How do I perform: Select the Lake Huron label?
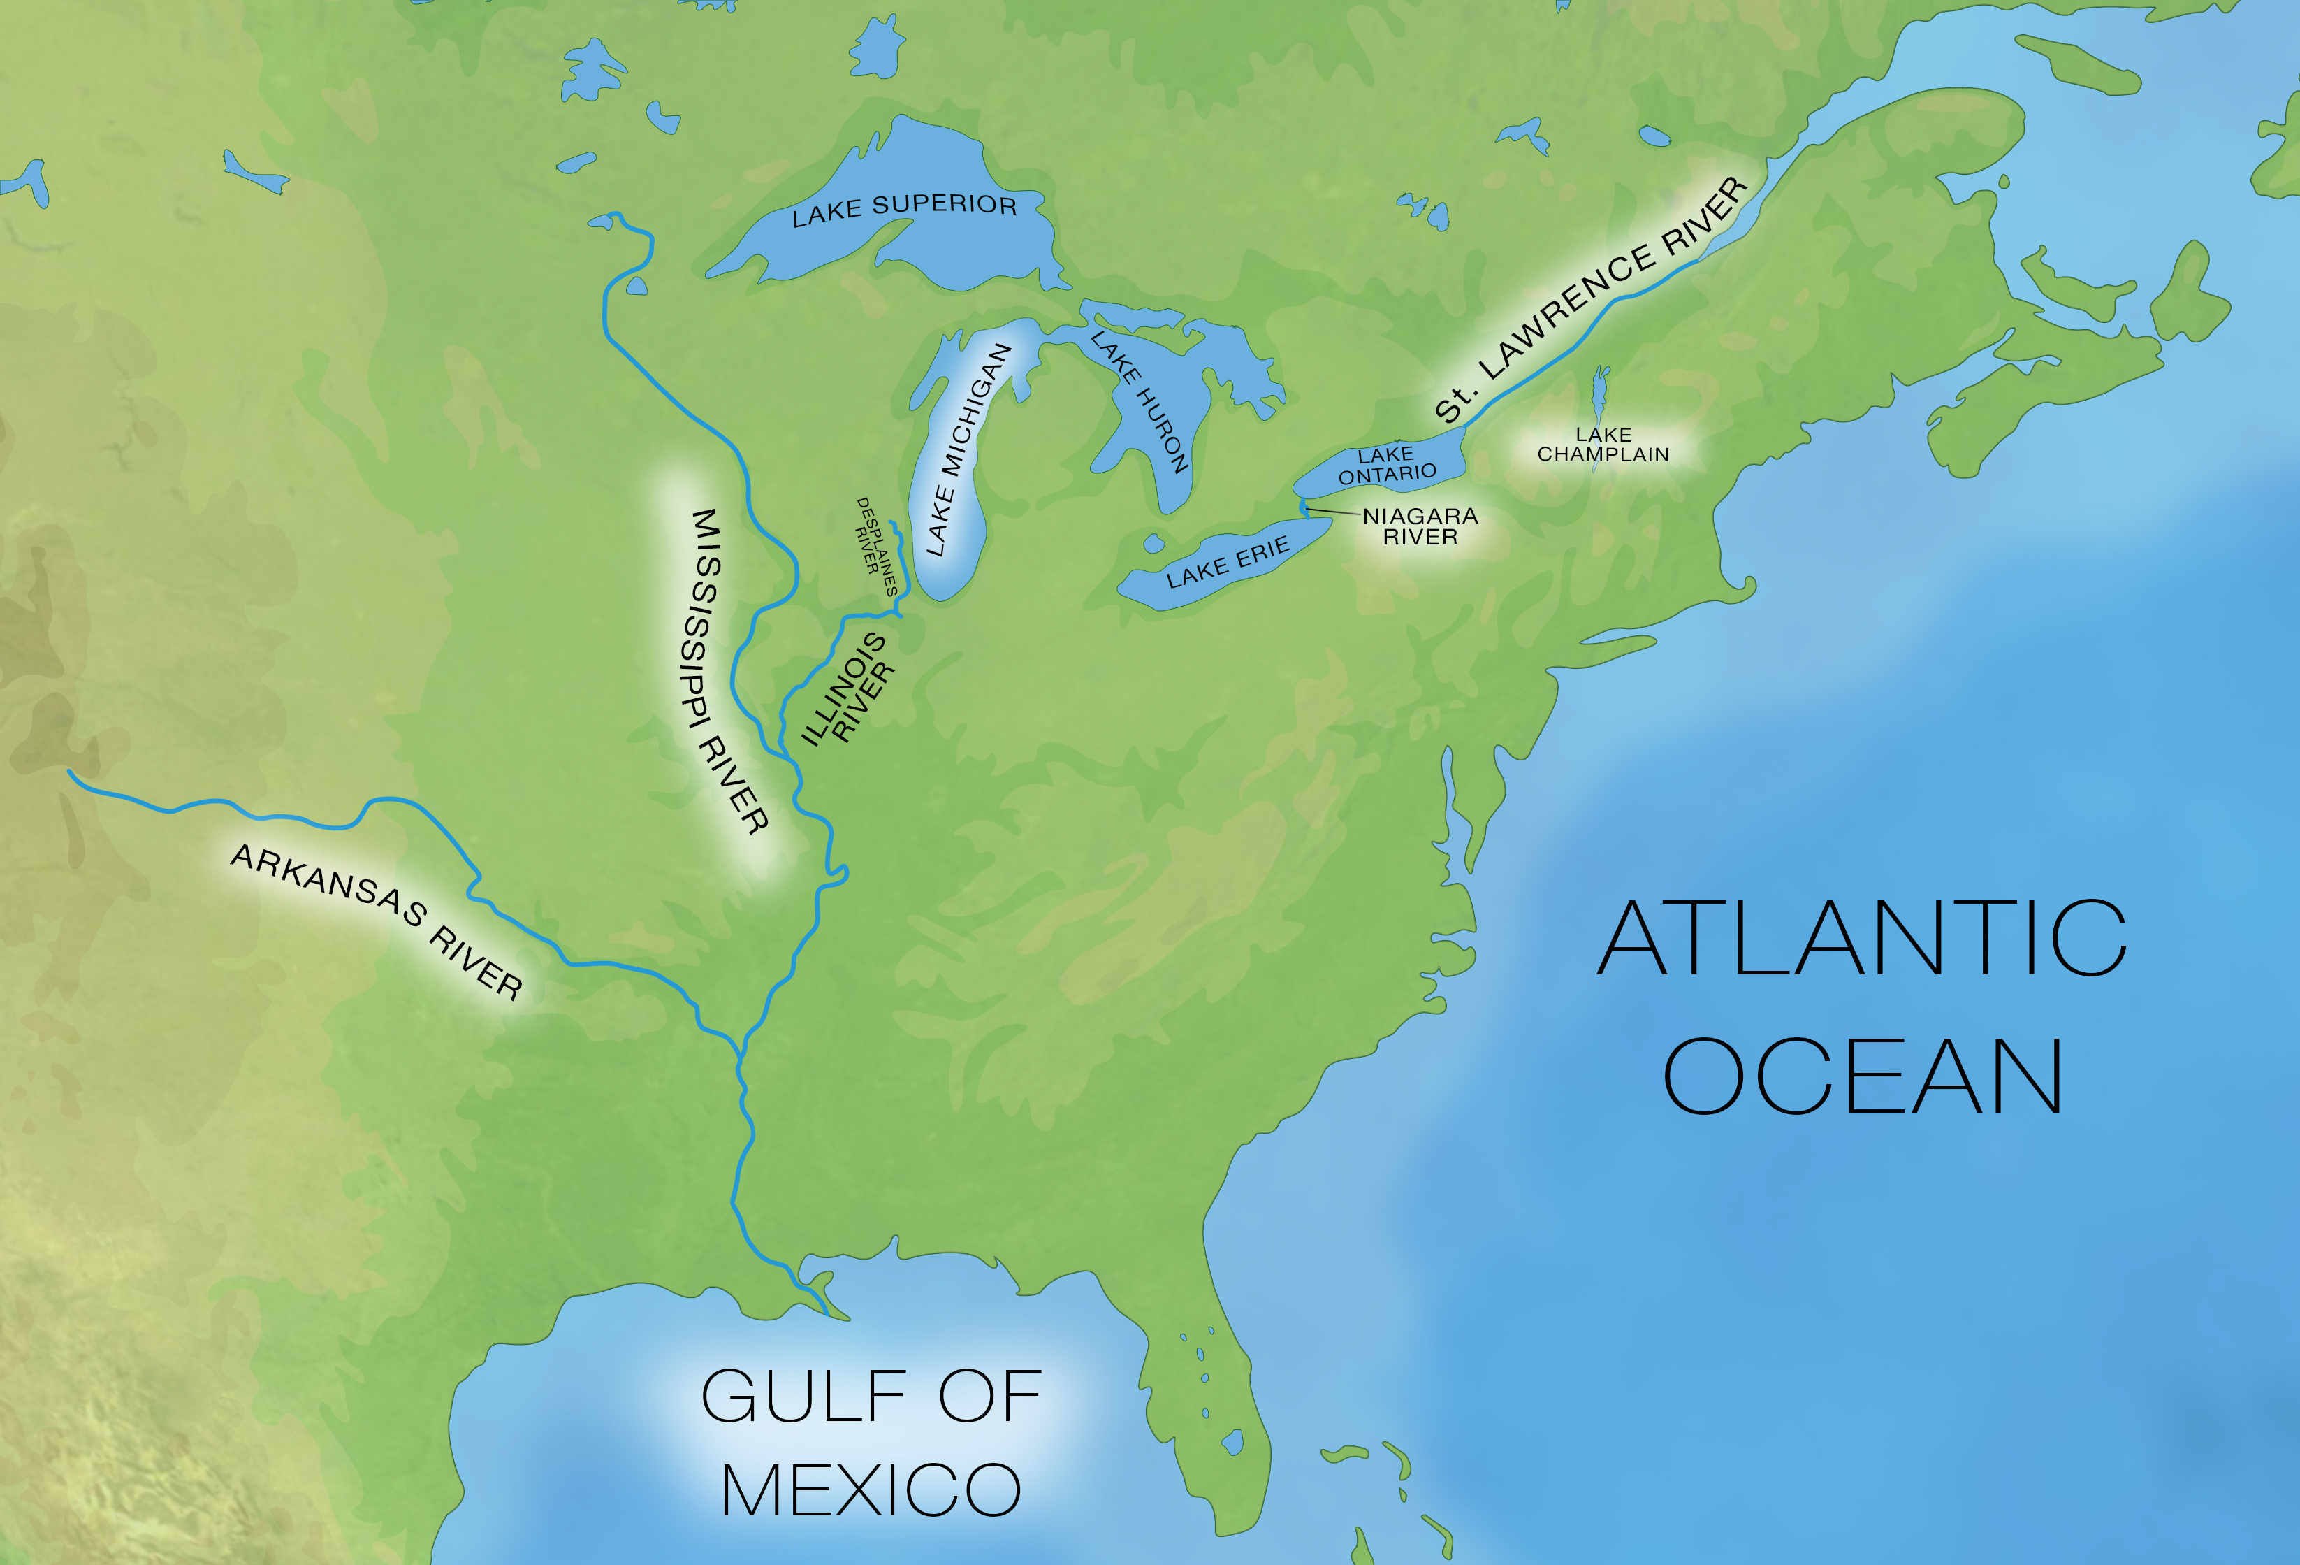click(1139, 401)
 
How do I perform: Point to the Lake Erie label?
click(1227, 562)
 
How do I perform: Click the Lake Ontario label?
click(1387, 464)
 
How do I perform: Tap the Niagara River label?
click(1420, 526)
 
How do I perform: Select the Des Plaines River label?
click(876, 545)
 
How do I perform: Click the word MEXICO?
click(871, 1490)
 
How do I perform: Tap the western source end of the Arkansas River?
click(69, 770)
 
